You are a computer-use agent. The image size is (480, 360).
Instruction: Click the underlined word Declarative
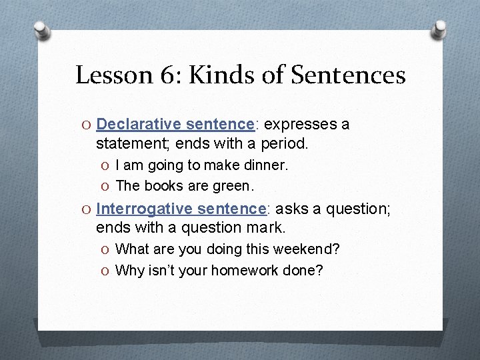coord(138,125)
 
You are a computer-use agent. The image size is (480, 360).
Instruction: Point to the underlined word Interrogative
coord(144,209)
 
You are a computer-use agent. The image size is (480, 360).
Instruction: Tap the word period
coord(285,143)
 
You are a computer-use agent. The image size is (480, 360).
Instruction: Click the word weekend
coord(310,249)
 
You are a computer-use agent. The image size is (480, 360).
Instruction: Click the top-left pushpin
coord(41,31)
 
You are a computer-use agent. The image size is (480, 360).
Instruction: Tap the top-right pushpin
coord(439,28)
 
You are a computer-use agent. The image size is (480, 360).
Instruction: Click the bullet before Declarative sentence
coord(87,125)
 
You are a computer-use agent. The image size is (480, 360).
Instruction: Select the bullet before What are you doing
coord(107,250)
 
